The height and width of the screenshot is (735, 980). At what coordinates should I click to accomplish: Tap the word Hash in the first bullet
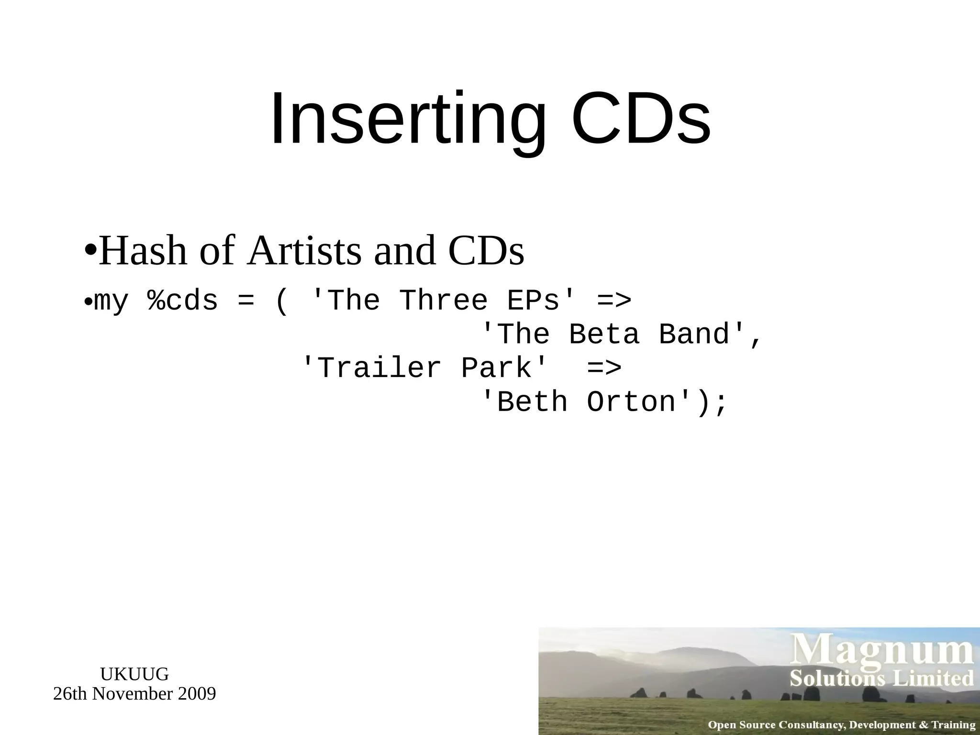coord(143,251)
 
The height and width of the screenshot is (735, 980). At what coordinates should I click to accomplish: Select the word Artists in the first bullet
coord(305,251)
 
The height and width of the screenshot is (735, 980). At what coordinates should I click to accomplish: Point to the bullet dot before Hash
coord(90,249)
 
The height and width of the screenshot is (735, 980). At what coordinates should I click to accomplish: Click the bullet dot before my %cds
coord(88,303)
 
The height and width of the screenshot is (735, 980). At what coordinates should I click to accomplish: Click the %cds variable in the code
coord(183,301)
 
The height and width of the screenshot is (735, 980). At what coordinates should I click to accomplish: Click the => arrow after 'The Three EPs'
coord(614,301)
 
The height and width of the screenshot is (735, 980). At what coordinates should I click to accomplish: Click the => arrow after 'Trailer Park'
coord(604,368)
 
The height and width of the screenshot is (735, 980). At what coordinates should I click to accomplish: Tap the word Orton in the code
coord(631,402)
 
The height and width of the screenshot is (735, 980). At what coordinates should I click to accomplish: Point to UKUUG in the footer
coord(134,674)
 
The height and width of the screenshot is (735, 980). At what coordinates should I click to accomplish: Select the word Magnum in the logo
coord(881,651)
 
